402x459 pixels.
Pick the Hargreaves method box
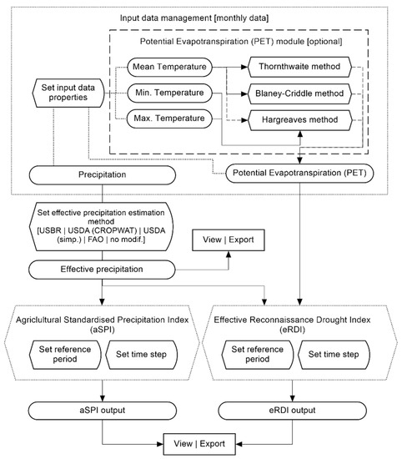point(295,122)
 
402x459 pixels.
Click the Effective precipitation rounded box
point(100,270)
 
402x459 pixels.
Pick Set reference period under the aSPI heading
point(64,353)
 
